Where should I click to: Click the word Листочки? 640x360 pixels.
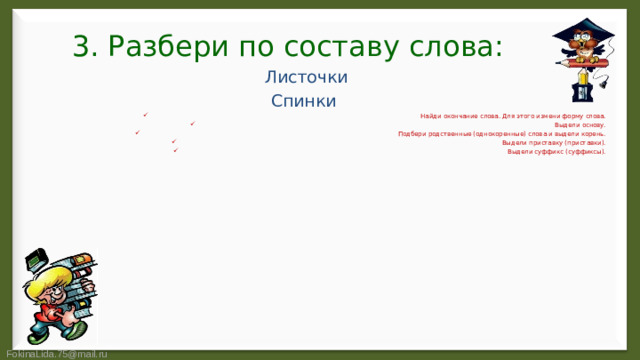pos(305,77)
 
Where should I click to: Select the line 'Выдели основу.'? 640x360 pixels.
pos(580,125)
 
